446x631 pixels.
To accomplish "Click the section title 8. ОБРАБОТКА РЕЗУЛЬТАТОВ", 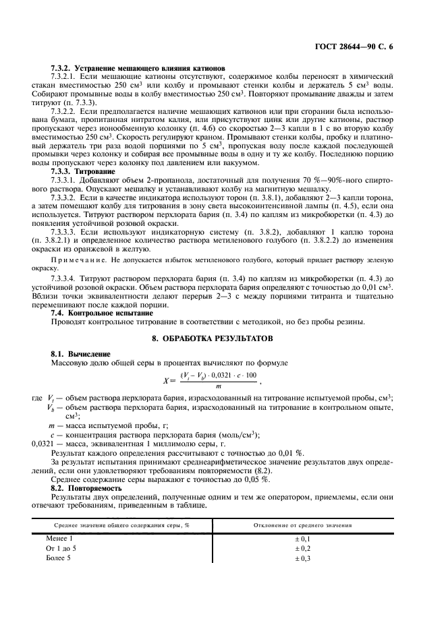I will pos(223,338).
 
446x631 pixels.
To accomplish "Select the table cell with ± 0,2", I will pos(302,549).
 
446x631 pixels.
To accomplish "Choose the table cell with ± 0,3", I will pos(302,558).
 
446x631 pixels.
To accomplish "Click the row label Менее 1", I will pos(59,539).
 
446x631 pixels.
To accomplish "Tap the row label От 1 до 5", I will pos(61,549).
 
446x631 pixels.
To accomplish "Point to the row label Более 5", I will pos(58,558).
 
